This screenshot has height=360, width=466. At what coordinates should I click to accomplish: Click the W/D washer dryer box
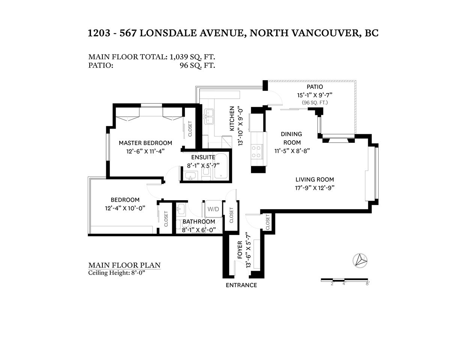[213, 209]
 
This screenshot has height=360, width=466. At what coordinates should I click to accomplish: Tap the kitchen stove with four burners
[256, 151]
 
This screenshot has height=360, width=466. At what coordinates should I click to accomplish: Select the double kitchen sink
[209, 117]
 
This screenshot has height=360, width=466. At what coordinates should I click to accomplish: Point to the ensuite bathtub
[221, 166]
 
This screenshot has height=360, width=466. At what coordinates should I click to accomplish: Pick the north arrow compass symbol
[360, 261]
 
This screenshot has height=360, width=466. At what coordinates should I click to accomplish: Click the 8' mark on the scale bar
[368, 284]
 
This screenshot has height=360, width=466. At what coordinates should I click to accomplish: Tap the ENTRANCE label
[241, 285]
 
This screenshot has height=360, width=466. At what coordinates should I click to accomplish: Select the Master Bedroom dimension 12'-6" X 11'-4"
[146, 151]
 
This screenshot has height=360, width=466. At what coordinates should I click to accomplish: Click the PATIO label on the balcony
[314, 87]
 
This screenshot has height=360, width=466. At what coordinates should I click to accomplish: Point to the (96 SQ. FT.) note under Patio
[315, 103]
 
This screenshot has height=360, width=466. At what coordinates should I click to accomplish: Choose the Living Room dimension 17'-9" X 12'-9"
[314, 188]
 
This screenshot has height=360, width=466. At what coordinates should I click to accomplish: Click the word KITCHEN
[232, 118]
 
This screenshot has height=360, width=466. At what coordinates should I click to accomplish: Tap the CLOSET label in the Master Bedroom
[190, 129]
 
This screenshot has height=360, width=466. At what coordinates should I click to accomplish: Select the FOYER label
[240, 250]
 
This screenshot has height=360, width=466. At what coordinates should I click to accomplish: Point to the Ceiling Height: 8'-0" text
[117, 273]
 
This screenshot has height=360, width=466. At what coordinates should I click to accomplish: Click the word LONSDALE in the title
[168, 33]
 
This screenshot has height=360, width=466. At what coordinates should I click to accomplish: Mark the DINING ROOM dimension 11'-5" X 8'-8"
[292, 151]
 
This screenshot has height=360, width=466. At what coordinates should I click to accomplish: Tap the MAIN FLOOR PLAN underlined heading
[125, 265]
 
